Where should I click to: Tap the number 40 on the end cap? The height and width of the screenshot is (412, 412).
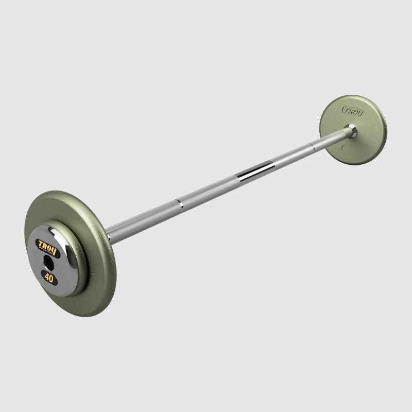pos(49,277)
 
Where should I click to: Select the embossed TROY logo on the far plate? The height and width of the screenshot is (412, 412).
pos(352,111)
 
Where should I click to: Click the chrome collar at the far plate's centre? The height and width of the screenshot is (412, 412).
pos(350,130)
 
